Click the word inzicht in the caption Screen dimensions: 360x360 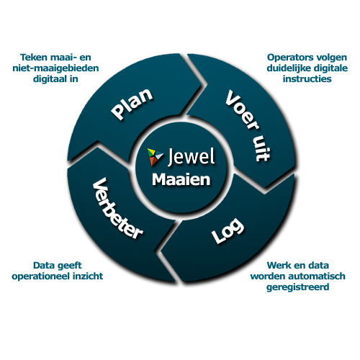pos(87,276)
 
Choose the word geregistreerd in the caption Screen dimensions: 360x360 pos(298,287)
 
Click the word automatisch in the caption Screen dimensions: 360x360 pos(320,276)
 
